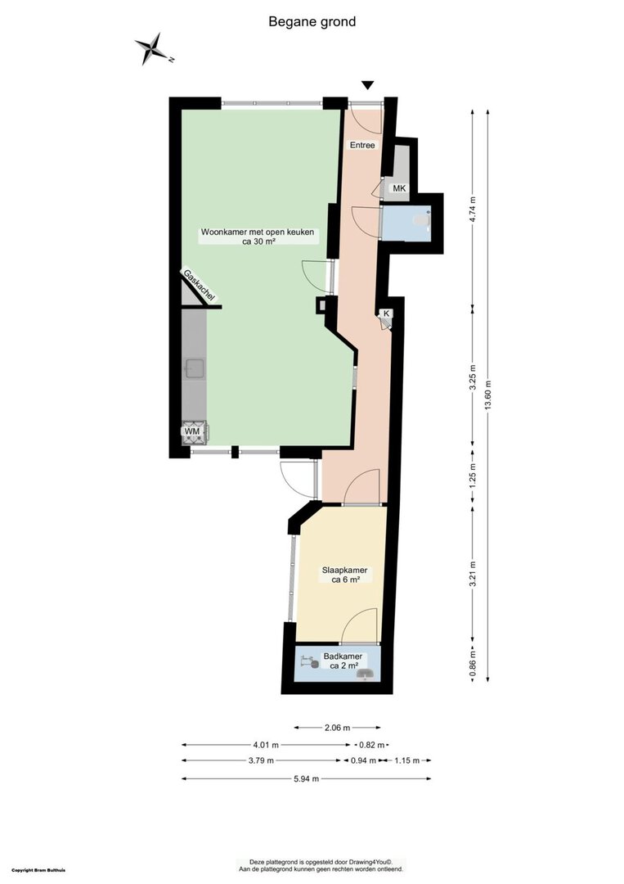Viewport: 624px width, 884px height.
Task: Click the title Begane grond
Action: (312, 22)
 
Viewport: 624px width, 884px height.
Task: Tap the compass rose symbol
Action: (152, 49)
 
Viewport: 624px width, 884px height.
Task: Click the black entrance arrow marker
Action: (368, 85)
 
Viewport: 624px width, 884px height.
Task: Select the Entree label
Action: (362, 145)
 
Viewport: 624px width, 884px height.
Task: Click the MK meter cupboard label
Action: (399, 188)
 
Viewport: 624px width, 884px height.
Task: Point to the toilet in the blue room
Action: (422, 220)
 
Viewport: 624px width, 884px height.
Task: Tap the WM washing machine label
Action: (193, 432)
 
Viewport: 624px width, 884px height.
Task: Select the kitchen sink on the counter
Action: (194, 368)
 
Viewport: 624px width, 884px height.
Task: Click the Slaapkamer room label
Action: (344, 570)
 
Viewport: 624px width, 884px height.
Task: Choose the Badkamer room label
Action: (343, 656)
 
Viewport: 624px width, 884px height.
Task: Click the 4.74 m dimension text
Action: (473, 210)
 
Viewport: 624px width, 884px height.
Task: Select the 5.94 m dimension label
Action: (307, 779)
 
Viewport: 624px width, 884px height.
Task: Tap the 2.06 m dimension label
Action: (337, 728)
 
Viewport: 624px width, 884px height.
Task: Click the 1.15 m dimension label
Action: (407, 760)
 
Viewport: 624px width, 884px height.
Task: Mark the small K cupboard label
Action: (386, 313)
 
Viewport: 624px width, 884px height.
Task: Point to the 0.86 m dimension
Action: (473, 664)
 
